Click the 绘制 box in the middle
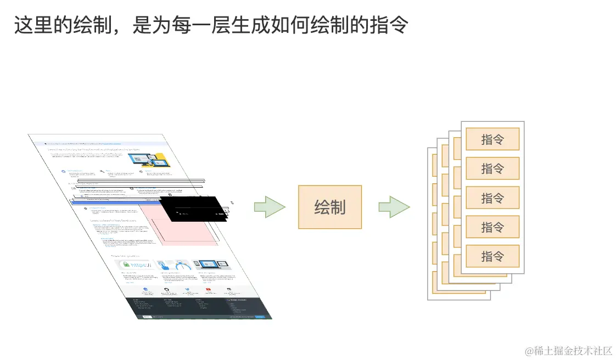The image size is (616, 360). (x=329, y=207)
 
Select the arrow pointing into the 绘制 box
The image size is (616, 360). (x=270, y=207)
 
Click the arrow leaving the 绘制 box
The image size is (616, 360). (x=394, y=207)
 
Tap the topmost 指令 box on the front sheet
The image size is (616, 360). (x=492, y=139)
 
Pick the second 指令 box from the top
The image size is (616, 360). (x=492, y=168)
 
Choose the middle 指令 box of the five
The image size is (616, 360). (x=492, y=198)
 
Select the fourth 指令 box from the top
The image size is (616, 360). (x=492, y=227)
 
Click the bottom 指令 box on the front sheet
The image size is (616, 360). (x=492, y=256)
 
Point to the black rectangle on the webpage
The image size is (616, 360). (x=192, y=209)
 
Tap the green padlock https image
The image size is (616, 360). (x=136, y=266)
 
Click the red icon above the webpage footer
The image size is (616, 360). (x=208, y=289)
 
